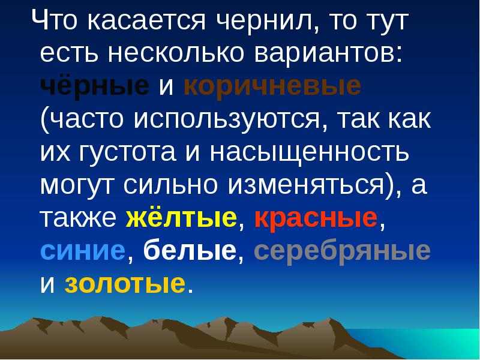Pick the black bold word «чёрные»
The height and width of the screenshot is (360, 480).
tap(95, 88)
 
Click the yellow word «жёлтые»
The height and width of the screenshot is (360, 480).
tap(182, 218)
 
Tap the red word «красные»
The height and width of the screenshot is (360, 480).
tap(316, 218)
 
